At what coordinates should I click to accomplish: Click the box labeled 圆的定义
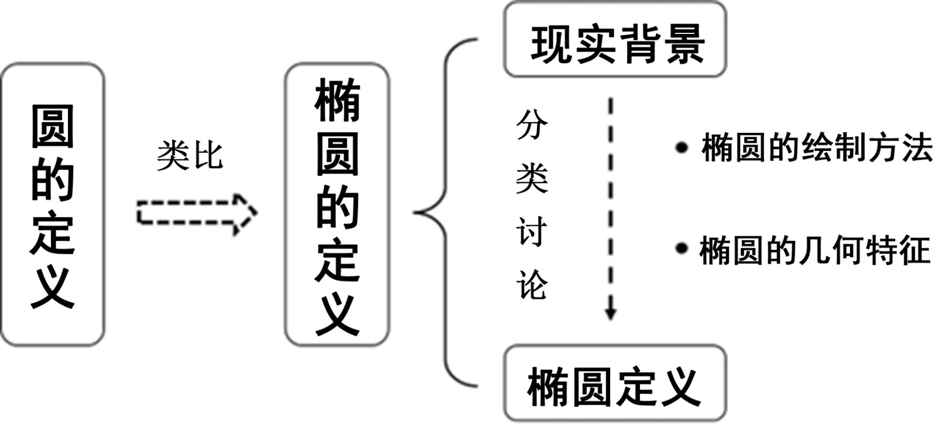53,205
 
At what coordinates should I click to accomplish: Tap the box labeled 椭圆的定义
337,205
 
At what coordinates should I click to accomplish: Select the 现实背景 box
615,41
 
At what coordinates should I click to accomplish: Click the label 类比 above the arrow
190,156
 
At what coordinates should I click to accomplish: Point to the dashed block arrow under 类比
197,215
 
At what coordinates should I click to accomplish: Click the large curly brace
445,212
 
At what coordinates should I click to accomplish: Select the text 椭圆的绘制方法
817,147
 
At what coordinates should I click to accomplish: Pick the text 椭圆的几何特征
815,250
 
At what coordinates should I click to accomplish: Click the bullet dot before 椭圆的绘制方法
681,147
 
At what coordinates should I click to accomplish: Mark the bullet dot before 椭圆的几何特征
681,249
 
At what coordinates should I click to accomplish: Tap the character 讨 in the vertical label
532,232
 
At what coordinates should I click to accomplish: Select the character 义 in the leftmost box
53,287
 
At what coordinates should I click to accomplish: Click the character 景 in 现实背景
685,44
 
